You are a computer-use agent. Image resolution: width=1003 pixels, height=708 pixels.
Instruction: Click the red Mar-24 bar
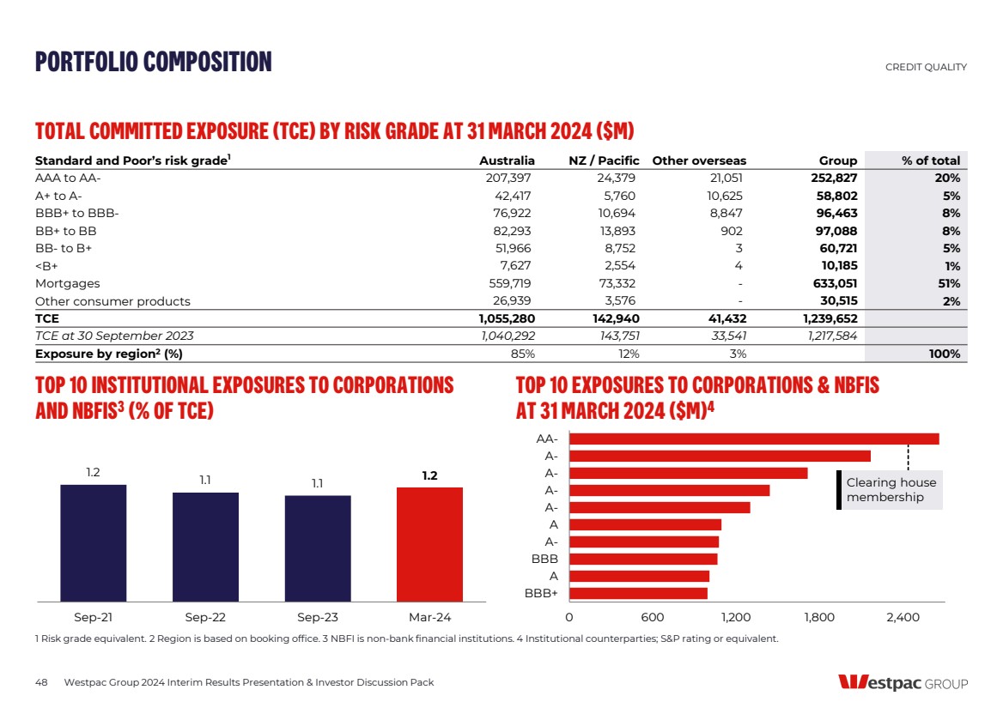point(429,544)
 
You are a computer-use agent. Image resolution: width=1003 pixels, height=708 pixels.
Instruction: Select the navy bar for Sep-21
point(93,542)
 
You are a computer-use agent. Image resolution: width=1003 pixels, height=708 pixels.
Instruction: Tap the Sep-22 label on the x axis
point(205,617)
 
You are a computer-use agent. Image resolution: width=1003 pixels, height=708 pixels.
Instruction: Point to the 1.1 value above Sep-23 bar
point(318,483)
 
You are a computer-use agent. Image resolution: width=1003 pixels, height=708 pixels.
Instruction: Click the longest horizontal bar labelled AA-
point(754,439)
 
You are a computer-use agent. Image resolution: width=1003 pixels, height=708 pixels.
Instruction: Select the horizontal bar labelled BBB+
point(638,593)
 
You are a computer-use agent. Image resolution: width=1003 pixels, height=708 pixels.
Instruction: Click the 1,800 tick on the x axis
point(818,617)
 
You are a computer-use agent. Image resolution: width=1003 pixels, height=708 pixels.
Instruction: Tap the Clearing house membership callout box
point(891,490)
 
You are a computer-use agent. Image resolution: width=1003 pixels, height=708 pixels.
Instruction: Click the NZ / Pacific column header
point(604,160)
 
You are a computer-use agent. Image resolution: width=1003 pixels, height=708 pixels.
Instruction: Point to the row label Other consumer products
point(112,301)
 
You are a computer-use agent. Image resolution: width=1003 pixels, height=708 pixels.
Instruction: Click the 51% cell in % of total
point(947,283)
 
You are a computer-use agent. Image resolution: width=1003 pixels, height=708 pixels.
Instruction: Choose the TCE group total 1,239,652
point(826,318)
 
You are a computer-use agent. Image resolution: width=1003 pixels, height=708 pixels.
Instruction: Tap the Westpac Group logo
point(903,683)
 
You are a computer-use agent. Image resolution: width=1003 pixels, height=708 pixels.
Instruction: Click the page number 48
point(41,682)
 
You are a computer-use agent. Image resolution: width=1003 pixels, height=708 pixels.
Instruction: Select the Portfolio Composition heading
point(153,62)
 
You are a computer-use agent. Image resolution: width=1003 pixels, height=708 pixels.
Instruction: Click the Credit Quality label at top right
point(926,67)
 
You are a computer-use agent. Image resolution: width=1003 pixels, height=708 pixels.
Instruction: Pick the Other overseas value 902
point(730,231)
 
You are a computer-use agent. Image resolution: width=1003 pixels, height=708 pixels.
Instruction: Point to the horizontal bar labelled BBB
point(643,559)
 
